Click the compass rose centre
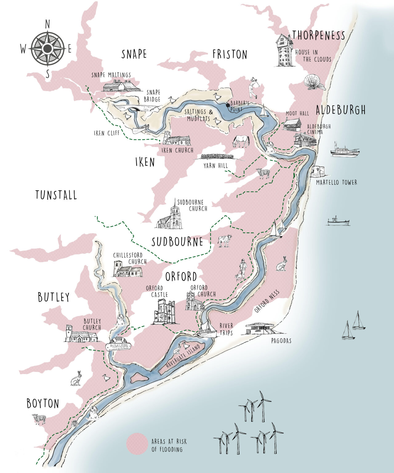pos(48,48)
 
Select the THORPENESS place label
pos(319,35)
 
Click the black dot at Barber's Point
pos(228,105)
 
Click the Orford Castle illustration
pos(164,312)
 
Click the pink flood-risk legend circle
pos(137,444)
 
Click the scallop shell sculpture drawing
pos(314,82)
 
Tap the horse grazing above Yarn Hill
pos(241,141)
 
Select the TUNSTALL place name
pos(56,195)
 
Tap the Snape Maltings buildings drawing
pos(121,86)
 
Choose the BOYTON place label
pos(42,403)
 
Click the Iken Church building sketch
pos(176,139)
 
